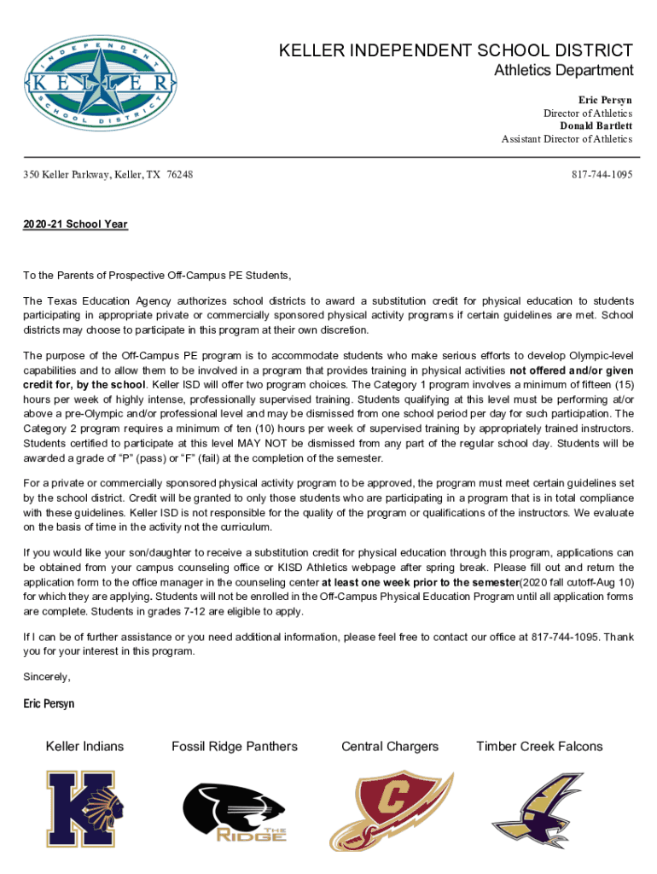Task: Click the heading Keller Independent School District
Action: (456, 51)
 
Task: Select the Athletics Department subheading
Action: (563, 71)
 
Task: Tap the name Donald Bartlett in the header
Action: (596, 125)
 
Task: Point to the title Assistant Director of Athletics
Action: (567, 138)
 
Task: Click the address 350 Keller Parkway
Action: (108, 174)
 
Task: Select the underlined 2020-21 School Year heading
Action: (75, 224)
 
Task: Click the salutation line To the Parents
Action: (157, 276)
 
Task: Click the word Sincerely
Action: (47, 677)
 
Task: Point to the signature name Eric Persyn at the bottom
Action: (49, 704)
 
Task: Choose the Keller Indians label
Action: (84, 747)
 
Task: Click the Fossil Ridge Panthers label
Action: (235, 747)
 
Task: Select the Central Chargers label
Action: (390, 747)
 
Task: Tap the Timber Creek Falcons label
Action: (539, 747)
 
